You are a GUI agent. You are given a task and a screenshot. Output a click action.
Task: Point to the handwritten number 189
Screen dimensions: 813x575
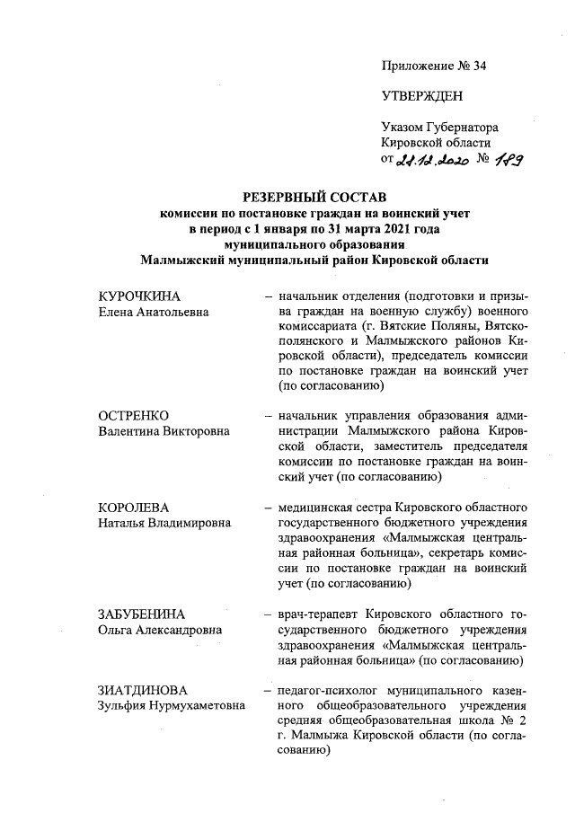click(510, 160)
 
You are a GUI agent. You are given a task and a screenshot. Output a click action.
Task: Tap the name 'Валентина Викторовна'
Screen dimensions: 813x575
click(163, 431)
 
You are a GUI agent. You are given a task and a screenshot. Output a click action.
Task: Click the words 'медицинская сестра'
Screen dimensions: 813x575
click(337, 507)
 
